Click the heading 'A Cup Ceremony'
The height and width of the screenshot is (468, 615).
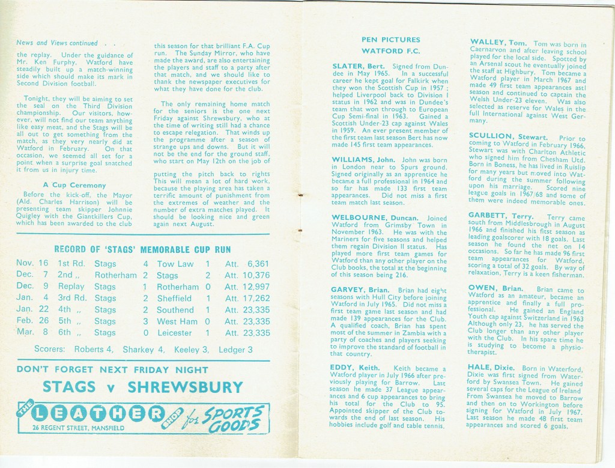(74, 185)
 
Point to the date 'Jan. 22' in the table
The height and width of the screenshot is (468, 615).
(32, 310)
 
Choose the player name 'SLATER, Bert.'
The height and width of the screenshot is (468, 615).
(359, 66)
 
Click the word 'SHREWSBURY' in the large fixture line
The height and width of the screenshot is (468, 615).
(183, 387)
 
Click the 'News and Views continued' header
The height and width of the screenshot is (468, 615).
(57, 43)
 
